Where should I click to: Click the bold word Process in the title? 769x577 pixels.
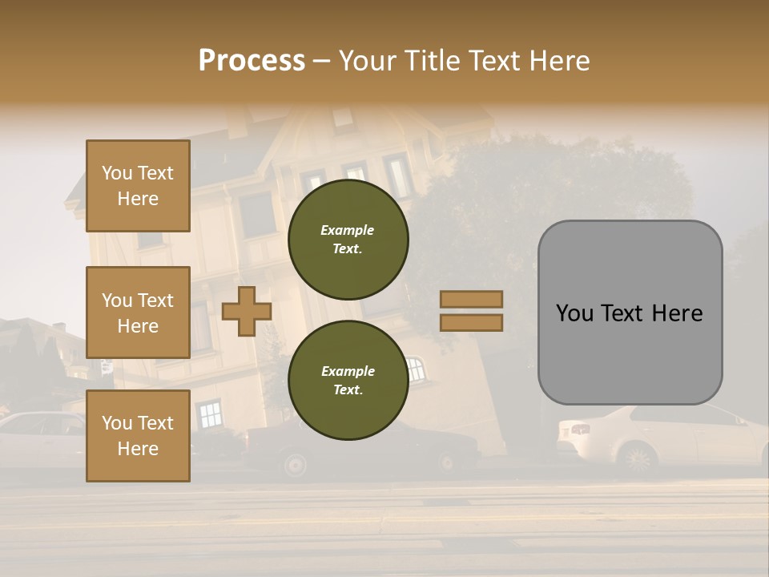252,60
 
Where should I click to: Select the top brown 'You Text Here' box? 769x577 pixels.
138,186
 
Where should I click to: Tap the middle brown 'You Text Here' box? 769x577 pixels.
138,313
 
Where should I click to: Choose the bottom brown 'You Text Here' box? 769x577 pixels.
138,435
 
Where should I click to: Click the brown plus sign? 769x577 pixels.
246,311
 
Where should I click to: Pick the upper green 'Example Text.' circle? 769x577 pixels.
348,239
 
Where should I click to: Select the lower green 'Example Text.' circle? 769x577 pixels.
348,380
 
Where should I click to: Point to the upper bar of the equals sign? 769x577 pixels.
472,300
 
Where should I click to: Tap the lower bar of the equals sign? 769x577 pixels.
472,322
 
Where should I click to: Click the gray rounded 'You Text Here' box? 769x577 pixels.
630,313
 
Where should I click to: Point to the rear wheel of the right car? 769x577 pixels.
638,459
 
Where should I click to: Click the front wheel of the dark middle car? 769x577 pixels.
295,464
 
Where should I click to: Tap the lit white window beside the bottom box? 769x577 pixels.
210,414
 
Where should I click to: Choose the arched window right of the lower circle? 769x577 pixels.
415,369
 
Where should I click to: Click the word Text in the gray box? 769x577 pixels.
630,313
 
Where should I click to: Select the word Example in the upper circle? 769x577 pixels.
348,230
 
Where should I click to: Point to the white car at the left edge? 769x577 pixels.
40,437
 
